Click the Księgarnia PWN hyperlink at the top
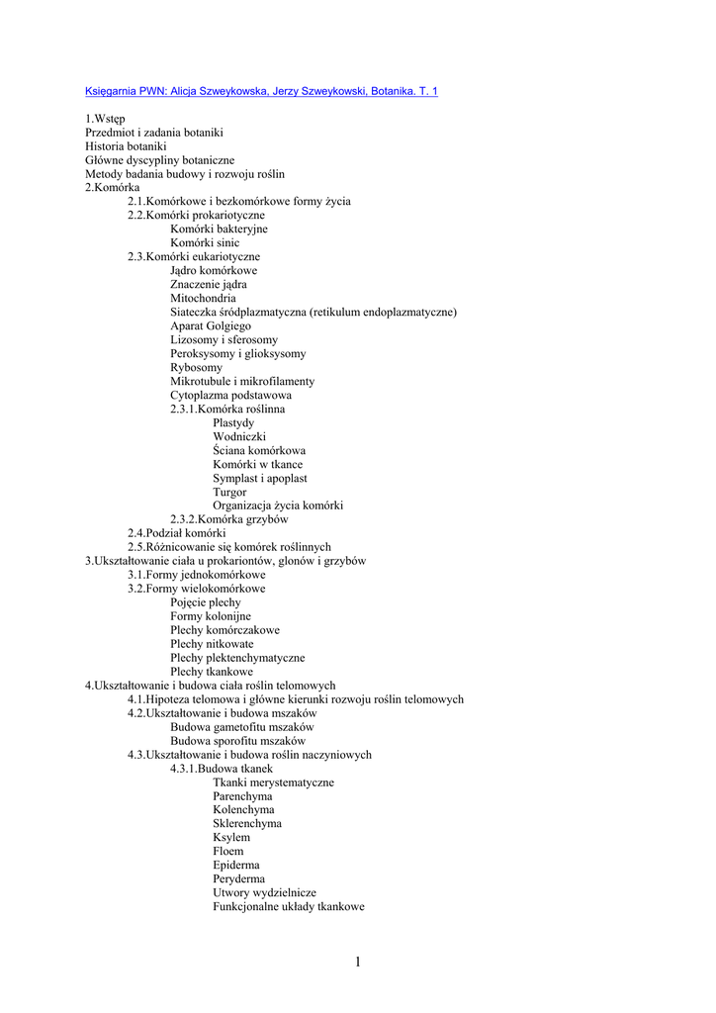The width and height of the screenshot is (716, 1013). coord(261,91)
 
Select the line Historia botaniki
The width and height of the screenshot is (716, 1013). coord(126,146)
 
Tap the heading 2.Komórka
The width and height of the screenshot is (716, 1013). coord(112,187)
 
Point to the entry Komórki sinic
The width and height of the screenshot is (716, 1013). coord(205,242)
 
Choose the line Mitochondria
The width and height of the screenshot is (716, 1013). coord(203,298)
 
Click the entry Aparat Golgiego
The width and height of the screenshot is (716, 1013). coord(211,325)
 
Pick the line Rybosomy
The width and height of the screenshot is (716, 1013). coord(196,367)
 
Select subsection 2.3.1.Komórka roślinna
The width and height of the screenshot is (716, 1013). coord(227,409)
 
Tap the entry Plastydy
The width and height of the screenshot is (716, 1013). coord(233,422)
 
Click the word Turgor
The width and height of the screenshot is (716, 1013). coord(229,492)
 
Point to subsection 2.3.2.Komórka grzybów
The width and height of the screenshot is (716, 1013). coord(229,519)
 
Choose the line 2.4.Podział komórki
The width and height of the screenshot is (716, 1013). coord(176,533)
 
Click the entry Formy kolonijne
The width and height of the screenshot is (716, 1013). coord(211,616)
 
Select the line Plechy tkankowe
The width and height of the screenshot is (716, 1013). coord(212,672)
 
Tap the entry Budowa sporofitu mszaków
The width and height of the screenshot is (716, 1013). coord(237,740)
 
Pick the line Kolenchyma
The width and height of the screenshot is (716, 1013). coord(243,809)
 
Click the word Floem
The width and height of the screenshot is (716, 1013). coord(227,851)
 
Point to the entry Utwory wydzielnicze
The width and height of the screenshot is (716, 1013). coord(264,892)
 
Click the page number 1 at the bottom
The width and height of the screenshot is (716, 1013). coord(357,962)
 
